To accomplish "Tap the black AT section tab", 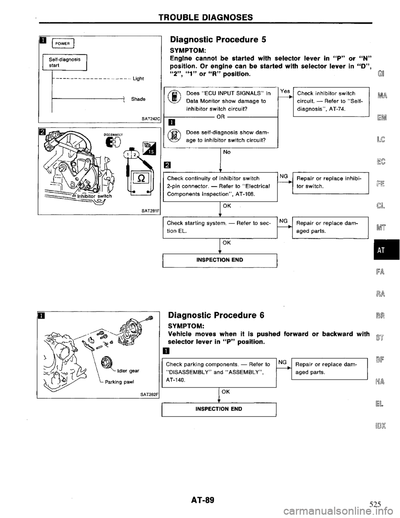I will pyautogui.click(x=387, y=251).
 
